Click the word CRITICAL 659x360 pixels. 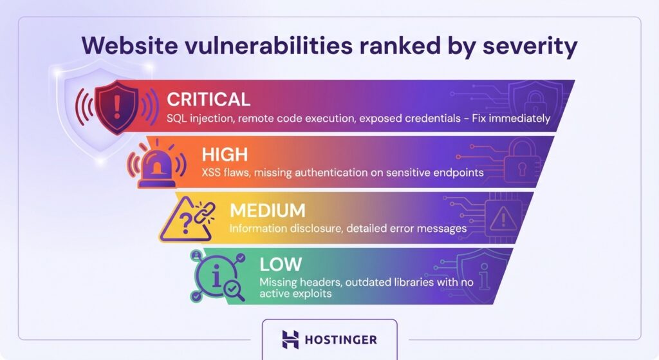pos(208,99)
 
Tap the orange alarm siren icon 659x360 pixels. pos(156,166)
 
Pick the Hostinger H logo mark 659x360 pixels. pos(291,339)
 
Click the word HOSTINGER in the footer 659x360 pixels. pos(342,339)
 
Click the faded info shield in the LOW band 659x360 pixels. pos(477,273)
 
